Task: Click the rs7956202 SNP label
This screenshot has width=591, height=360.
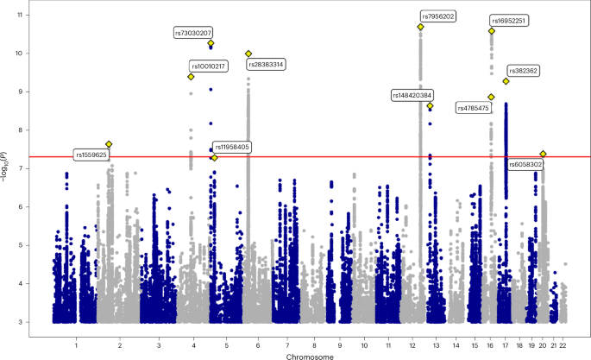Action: [x=439, y=16]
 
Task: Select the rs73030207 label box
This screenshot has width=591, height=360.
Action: [x=193, y=32]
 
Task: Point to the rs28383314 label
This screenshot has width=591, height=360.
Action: [x=267, y=64]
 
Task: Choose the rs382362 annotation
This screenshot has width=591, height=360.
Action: [x=523, y=70]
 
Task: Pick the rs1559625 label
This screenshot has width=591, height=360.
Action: [x=91, y=155]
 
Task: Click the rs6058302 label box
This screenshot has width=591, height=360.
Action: [x=525, y=163]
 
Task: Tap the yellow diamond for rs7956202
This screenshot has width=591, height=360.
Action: [x=420, y=27]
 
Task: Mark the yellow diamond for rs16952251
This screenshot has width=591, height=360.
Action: [x=492, y=31]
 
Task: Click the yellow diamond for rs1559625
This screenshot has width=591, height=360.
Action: [x=109, y=144]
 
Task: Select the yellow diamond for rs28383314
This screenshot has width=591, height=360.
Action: [x=248, y=54]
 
